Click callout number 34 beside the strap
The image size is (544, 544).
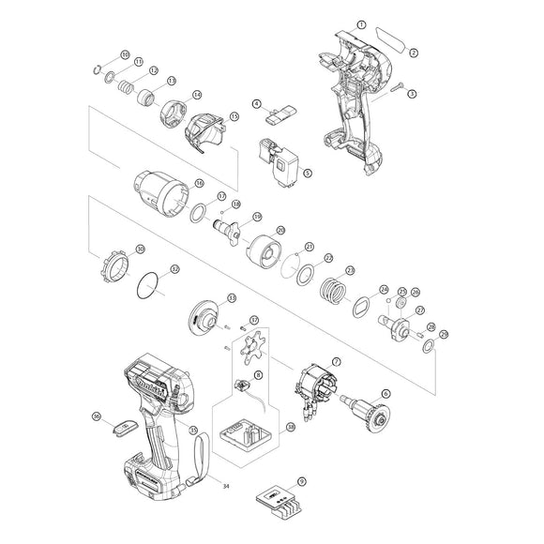coord(226,486)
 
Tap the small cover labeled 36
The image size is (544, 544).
coord(119,424)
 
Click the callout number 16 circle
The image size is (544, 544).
coord(198,183)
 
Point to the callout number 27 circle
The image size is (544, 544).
coord(420,310)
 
